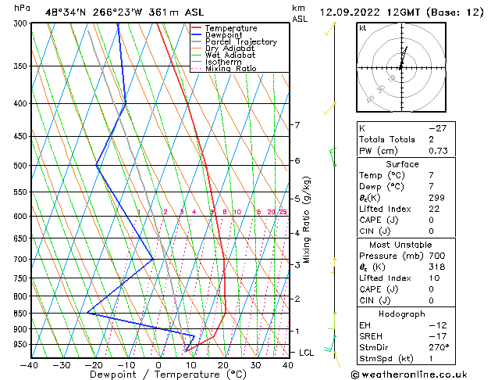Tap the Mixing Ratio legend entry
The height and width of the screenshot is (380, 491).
[x=230, y=69]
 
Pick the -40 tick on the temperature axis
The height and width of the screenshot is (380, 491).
[x=29, y=364]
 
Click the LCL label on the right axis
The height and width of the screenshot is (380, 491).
[x=308, y=353]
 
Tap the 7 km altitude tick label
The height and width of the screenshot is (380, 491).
[x=297, y=125]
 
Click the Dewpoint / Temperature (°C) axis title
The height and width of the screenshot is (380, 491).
[x=158, y=375]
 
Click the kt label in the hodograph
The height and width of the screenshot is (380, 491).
[x=363, y=28]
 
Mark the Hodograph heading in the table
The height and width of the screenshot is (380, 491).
[x=401, y=314]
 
